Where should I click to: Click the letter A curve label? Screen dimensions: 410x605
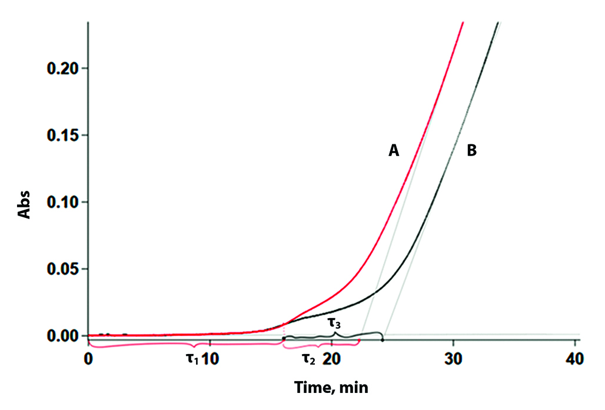tap(394, 151)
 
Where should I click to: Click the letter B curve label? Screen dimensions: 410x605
tap(471, 151)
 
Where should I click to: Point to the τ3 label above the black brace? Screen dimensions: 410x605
tap(334, 322)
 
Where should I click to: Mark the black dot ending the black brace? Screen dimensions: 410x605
tap(383, 339)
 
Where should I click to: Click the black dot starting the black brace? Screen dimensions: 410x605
tap(284, 339)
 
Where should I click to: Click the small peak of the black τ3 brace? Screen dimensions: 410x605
tap(335, 333)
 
